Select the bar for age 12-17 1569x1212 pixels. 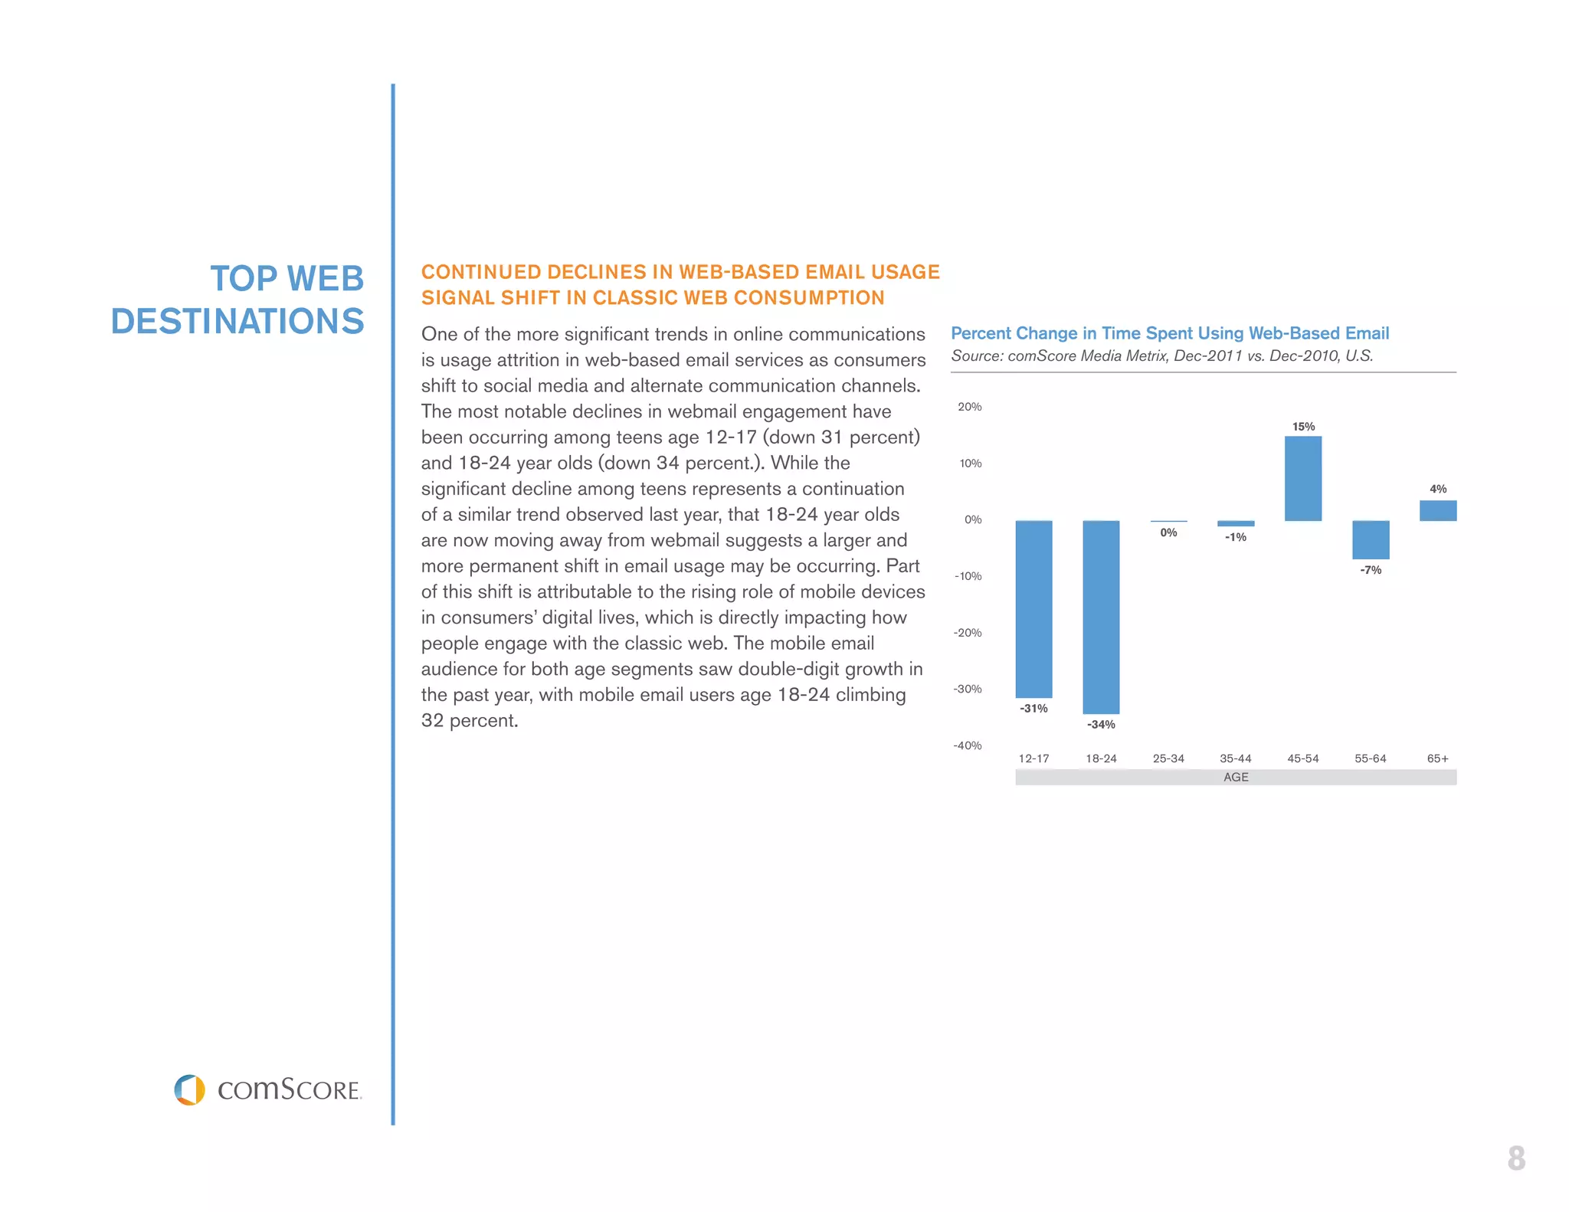click(x=1033, y=609)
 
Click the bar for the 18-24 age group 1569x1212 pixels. click(x=1101, y=617)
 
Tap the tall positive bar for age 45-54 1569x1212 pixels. click(x=1302, y=478)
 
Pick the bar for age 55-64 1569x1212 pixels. click(x=1371, y=539)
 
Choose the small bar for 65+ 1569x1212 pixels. click(x=1437, y=510)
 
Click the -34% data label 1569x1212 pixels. click(x=1101, y=725)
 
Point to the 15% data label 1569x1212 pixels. click(x=1303, y=427)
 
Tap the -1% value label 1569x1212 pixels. click(x=1236, y=537)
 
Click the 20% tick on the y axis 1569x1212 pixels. click(x=969, y=407)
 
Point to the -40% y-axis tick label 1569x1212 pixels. click(x=967, y=745)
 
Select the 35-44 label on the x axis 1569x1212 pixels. click(x=1235, y=758)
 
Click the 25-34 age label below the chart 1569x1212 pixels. click(x=1168, y=758)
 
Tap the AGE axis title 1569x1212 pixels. click(x=1236, y=777)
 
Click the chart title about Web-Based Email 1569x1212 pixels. click(x=1169, y=333)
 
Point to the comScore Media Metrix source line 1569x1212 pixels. click(x=1161, y=356)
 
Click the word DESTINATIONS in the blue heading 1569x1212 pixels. click(x=237, y=321)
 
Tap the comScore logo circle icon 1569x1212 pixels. click(x=189, y=1089)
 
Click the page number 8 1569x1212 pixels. click(x=1516, y=1158)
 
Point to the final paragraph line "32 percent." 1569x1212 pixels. click(x=470, y=721)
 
